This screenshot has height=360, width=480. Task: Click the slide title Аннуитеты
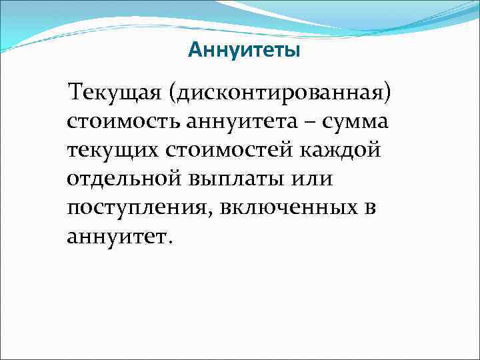(x=244, y=50)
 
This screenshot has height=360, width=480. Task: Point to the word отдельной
(x=125, y=179)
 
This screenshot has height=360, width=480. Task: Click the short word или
(x=312, y=179)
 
